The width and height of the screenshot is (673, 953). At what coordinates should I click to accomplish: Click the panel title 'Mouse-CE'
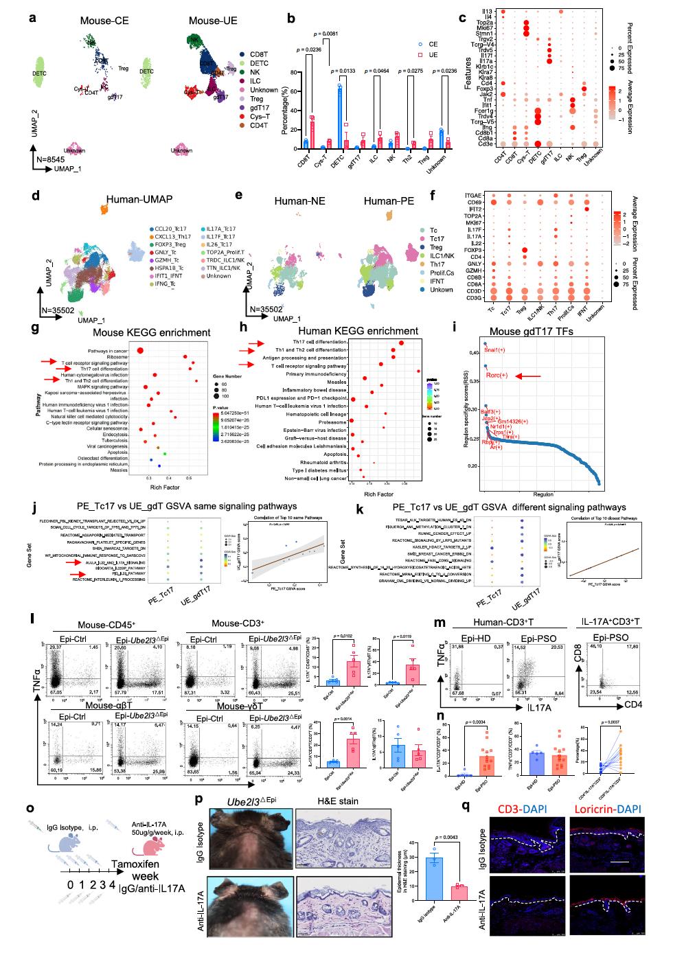[x=103, y=21]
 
